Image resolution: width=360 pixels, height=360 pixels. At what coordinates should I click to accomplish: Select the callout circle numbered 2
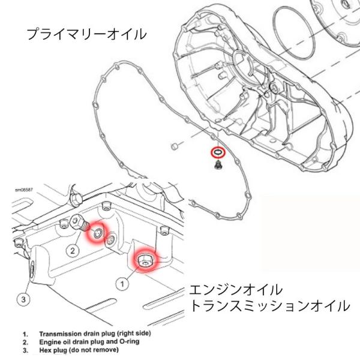(72, 250)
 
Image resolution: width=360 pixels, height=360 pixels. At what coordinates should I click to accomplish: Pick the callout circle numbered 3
(23, 297)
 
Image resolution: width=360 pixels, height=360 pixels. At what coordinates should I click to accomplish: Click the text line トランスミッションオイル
(269, 306)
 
